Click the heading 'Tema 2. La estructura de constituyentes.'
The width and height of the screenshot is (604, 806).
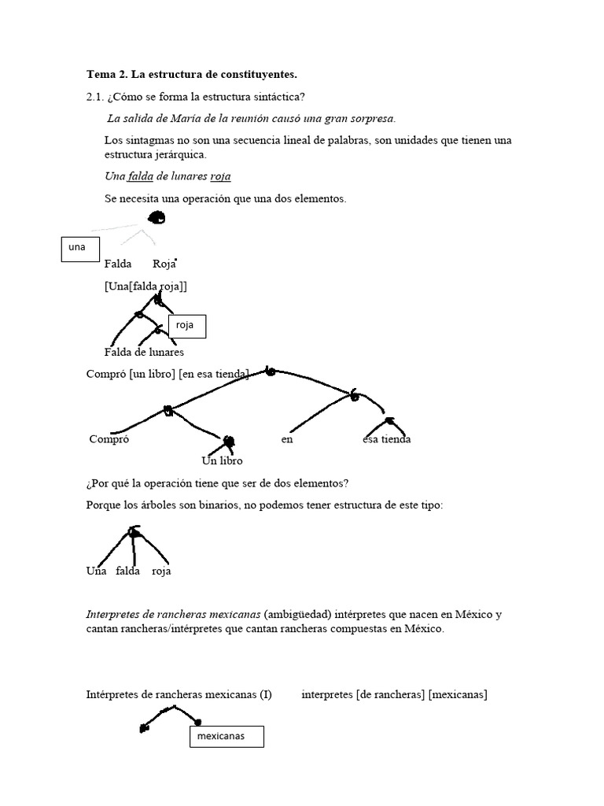tap(192, 75)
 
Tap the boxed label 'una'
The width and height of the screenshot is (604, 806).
tap(79, 248)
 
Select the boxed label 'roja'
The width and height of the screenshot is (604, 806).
tap(187, 325)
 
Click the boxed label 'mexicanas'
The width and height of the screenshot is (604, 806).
tap(226, 737)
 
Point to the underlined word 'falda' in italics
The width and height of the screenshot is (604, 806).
tap(141, 177)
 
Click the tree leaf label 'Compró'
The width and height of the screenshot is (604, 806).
tap(109, 439)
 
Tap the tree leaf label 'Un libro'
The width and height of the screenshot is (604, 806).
tap(223, 460)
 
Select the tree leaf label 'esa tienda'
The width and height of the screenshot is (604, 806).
tap(386, 439)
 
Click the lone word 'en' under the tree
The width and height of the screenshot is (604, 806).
tap(287, 439)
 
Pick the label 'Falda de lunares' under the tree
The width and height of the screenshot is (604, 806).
tap(144, 352)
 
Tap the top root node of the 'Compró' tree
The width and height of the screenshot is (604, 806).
tap(271, 371)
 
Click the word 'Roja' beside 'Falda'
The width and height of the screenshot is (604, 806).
tap(164, 264)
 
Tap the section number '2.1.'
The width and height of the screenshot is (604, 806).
tap(96, 97)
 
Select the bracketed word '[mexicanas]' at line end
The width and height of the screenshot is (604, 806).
tap(458, 694)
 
